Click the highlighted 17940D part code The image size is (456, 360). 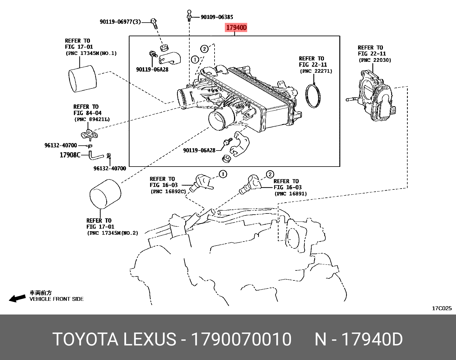click(x=236, y=28)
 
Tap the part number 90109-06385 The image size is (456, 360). click(x=217, y=17)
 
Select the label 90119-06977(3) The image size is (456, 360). click(x=120, y=22)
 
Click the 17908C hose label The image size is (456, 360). click(x=70, y=155)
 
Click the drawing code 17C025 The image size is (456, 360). click(x=441, y=308)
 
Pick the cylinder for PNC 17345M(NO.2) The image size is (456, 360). click(x=105, y=194)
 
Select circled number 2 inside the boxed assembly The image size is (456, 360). click(x=204, y=49)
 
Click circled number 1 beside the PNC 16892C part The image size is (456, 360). click(x=223, y=174)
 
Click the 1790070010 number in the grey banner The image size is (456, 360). click(x=241, y=339)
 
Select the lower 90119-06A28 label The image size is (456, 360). click(x=199, y=150)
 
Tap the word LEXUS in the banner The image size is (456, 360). click(x=150, y=339)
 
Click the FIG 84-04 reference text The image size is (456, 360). click(x=87, y=113)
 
